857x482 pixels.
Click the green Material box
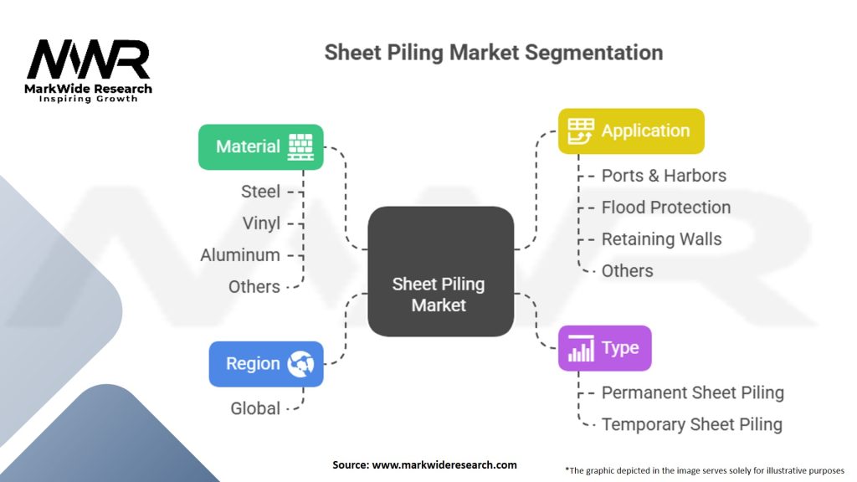tap(261, 147)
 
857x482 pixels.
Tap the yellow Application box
tap(631, 131)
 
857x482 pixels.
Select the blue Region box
tap(266, 364)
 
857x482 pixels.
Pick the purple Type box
tap(604, 348)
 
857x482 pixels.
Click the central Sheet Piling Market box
tap(440, 271)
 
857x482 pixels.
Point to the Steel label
tap(261, 192)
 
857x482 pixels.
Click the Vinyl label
tap(261, 223)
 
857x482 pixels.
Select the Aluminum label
tap(240, 255)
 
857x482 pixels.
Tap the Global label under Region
tap(255, 408)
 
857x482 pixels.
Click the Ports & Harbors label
tap(664, 176)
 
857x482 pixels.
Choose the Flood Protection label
tap(666, 208)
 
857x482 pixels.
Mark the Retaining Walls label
tap(662, 238)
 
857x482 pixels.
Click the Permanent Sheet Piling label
tap(693, 392)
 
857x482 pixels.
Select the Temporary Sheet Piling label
tap(692, 424)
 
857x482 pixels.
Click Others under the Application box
tap(628, 270)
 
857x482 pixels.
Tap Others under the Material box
tap(254, 287)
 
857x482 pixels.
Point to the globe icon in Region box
tap(301, 364)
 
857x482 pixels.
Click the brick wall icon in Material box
tap(301, 147)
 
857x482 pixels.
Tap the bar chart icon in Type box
tap(581, 348)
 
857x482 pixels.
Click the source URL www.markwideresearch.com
tap(444, 465)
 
